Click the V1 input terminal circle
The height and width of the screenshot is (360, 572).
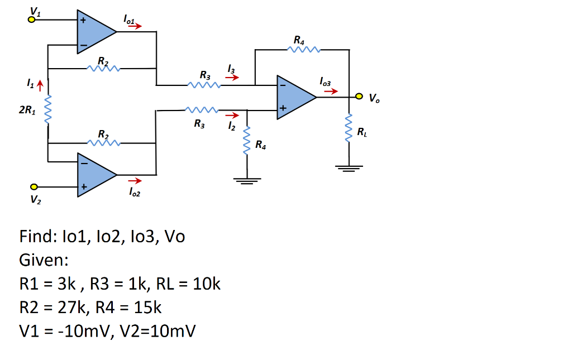point(32,20)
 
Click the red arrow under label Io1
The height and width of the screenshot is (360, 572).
point(136,26)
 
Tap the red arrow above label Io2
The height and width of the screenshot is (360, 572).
point(136,181)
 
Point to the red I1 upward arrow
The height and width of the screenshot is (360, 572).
point(39,85)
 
